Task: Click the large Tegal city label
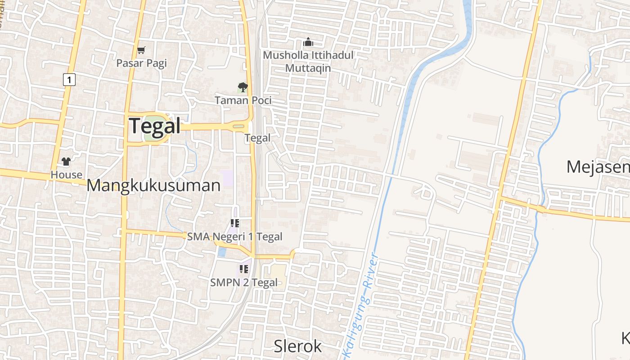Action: pyautogui.click(x=155, y=126)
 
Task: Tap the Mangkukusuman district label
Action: pyautogui.click(x=153, y=185)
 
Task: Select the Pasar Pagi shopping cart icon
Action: pyautogui.click(x=141, y=50)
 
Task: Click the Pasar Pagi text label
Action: pyautogui.click(x=141, y=63)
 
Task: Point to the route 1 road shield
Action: pyautogui.click(x=68, y=80)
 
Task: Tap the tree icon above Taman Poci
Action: pyautogui.click(x=243, y=87)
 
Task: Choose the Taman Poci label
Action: pyautogui.click(x=243, y=100)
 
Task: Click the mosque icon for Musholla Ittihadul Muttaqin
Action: pyautogui.click(x=308, y=42)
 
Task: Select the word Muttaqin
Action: pyautogui.click(x=308, y=68)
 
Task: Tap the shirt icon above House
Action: pyautogui.click(x=66, y=162)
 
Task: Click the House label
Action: pyautogui.click(x=66, y=175)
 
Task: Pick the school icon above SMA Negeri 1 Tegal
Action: pyautogui.click(x=234, y=223)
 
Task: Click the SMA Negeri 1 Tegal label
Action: pyautogui.click(x=234, y=237)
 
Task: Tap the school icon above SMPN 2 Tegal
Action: pyautogui.click(x=243, y=269)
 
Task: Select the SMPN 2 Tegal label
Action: pyautogui.click(x=243, y=283)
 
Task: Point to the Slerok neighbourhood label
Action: pyautogui.click(x=298, y=346)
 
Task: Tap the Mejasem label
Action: pyautogui.click(x=598, y=167)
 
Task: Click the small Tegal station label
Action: pyautogui.click(x=258, y=138)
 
